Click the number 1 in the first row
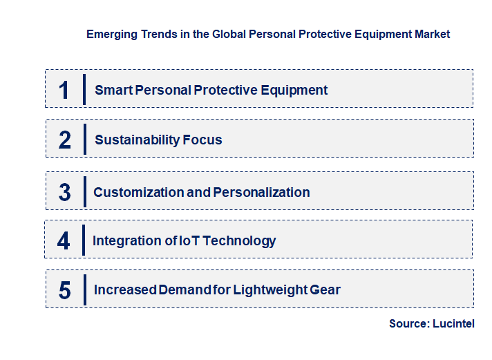click(64, 91)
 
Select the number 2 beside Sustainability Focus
click(65, 140)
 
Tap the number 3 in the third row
click(65, 193)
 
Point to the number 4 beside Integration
click(64, 241)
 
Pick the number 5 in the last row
click(65, 290)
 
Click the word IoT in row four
click(190, 240)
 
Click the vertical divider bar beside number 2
click(84, 139)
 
